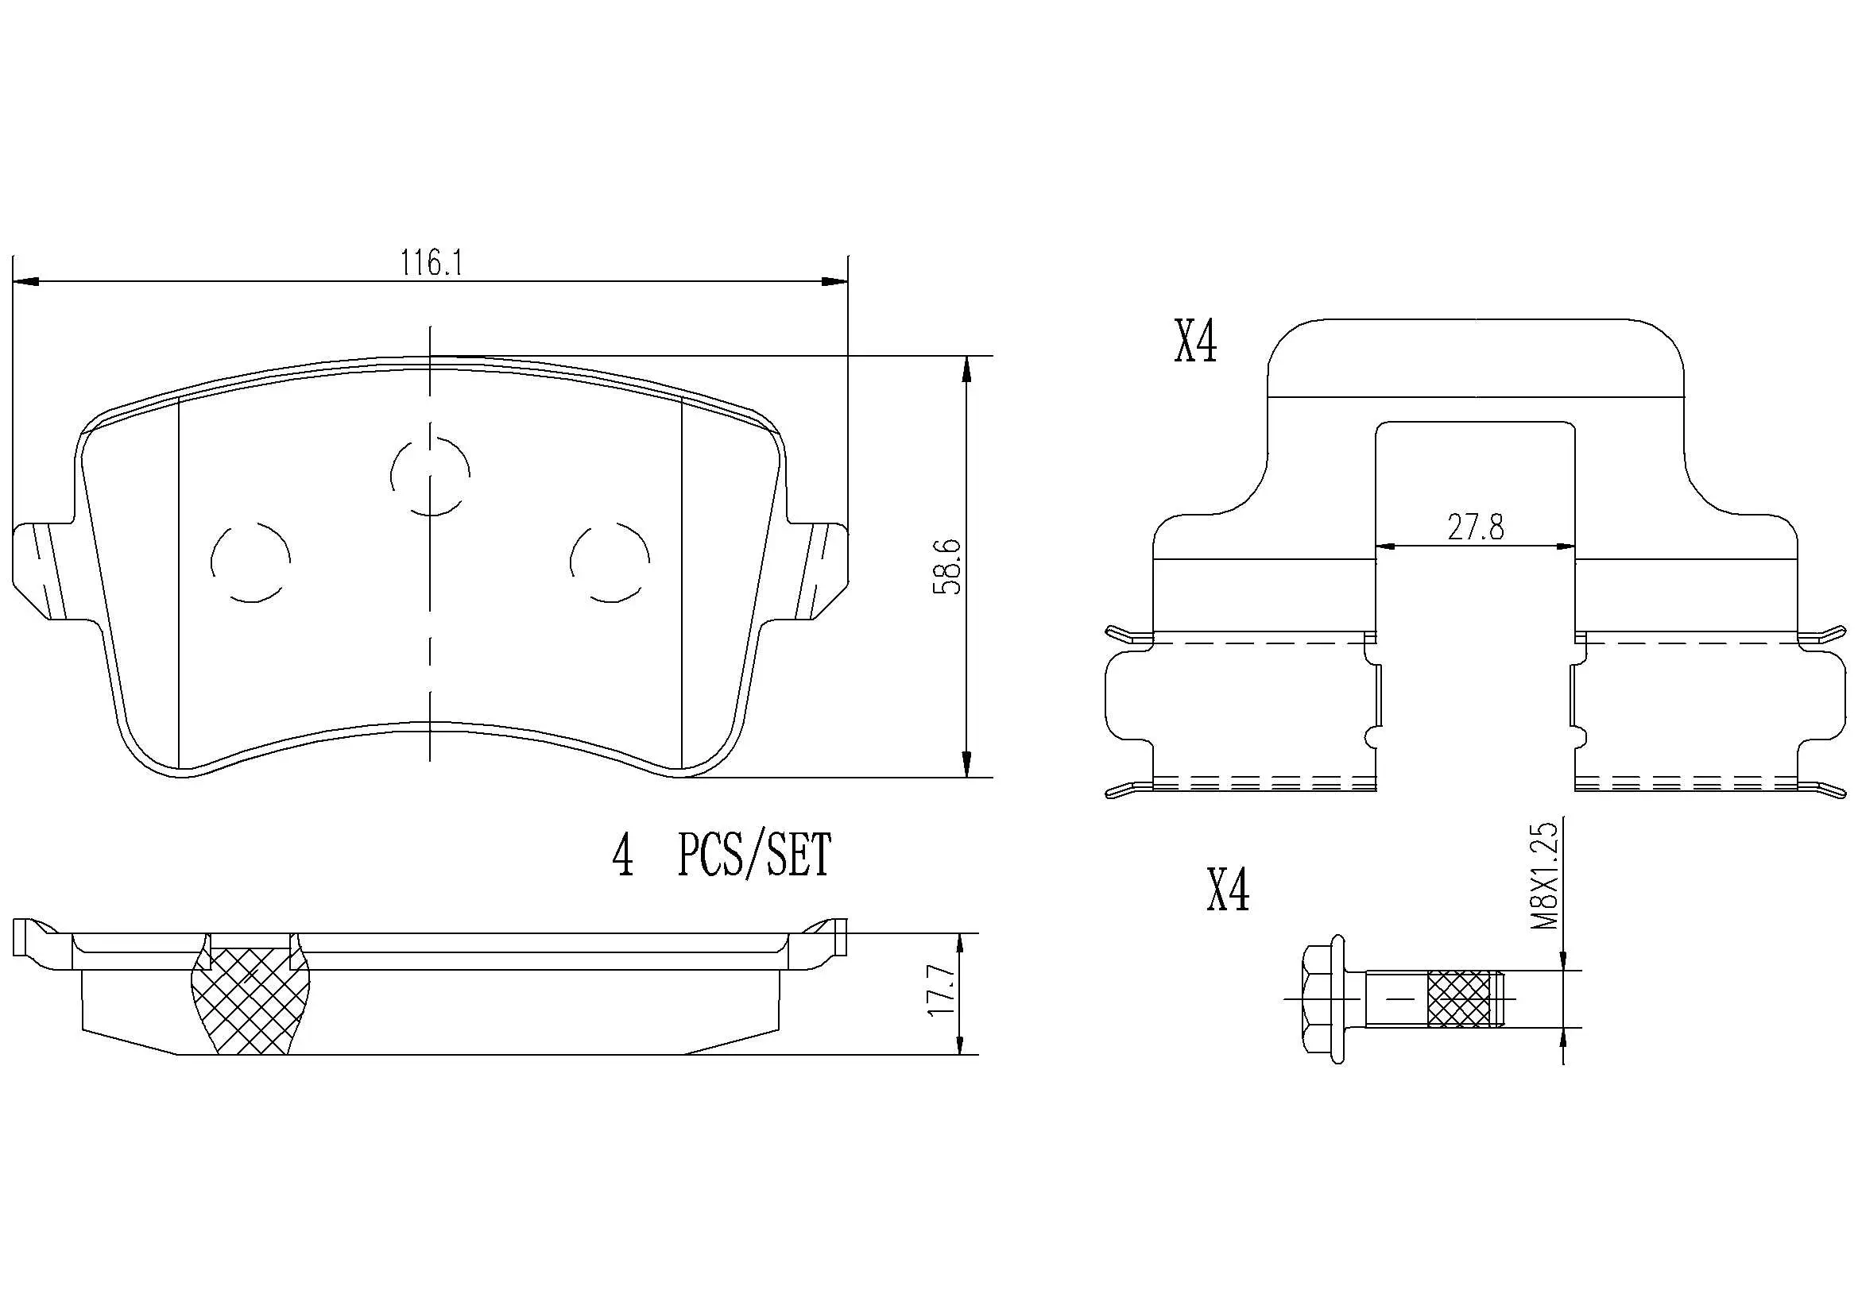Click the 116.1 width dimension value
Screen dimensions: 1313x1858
[432, 263]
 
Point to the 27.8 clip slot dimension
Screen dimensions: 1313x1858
[1475, 527]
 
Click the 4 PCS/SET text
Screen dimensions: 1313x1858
[721, 857]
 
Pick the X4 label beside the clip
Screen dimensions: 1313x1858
[1195, 343]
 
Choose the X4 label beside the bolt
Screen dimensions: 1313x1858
[1228, 890]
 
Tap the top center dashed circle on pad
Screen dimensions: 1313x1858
[430, 475]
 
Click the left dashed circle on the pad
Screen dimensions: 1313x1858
[250, 562]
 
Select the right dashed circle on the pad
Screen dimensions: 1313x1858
[610, 562]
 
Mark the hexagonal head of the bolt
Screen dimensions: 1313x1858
[1326, 1000]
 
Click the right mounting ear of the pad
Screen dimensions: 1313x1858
[819, 570]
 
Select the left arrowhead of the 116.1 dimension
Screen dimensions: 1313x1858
[28, 281]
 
